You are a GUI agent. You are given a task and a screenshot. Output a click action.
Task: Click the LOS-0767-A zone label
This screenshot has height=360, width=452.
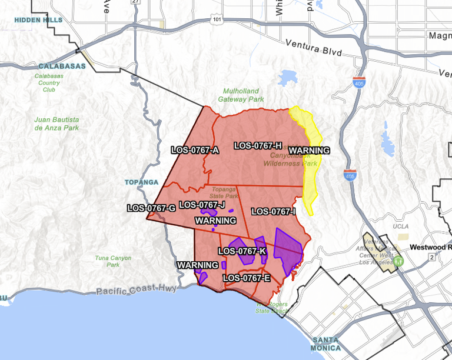(195, 150)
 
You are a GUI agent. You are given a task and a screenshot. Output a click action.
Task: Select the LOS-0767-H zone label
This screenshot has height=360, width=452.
(258, 145)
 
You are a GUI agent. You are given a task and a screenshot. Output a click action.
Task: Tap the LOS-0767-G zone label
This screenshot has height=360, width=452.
(151, 208)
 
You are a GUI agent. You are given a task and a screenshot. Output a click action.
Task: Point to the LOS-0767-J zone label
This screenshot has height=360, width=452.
(202, 205)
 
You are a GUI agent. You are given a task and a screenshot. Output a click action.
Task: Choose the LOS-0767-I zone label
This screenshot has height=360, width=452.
(273, 211)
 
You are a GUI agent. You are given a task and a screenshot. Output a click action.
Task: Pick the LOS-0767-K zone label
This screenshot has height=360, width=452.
(242, 251)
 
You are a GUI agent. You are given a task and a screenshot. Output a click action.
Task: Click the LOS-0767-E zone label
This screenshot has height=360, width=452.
(247, 278)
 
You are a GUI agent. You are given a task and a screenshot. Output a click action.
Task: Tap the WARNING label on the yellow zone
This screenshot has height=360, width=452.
(309, 150)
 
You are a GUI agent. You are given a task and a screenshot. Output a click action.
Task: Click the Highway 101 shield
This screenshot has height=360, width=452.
(217, 20)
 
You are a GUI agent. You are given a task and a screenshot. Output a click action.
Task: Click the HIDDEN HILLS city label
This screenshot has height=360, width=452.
(37, 20)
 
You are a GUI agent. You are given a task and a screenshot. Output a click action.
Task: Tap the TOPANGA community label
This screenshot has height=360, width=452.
(141, 182)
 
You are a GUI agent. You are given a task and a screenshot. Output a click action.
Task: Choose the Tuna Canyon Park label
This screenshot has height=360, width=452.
(113, 261)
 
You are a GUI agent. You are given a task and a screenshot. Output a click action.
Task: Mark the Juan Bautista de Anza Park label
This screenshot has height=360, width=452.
(56, 124)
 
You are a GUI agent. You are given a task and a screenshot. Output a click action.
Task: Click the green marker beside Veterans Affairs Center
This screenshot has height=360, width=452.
(398, 259)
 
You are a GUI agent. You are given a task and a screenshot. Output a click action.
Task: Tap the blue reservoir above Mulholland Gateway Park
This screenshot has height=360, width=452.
(288, 77)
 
